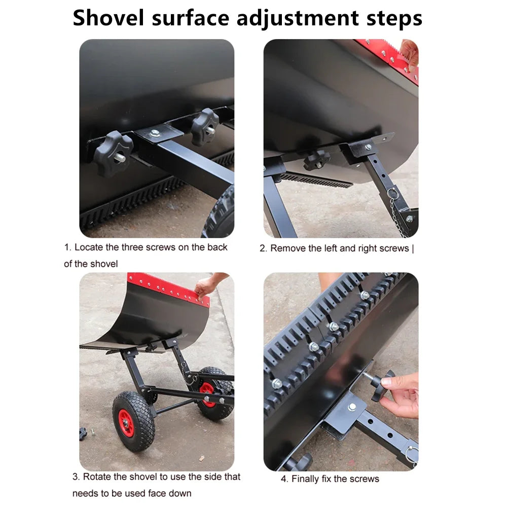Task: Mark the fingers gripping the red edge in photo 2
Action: point(409,51)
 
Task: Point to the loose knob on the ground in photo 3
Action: point(83,433)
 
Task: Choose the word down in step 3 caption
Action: point(180,493)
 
